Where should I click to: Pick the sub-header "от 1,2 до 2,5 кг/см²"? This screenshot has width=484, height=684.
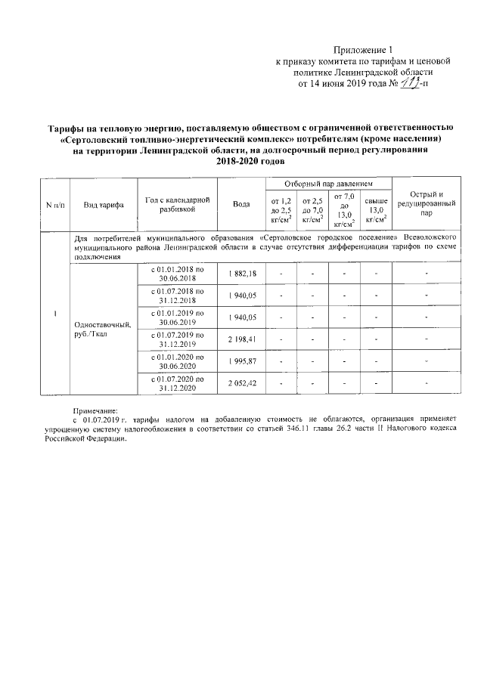281,210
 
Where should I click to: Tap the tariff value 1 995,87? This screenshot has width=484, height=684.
242,361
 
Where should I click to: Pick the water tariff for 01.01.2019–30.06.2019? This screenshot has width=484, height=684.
242,317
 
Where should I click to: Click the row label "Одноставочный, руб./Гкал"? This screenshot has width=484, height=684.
103,330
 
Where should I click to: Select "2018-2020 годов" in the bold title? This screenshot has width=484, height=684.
242,162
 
